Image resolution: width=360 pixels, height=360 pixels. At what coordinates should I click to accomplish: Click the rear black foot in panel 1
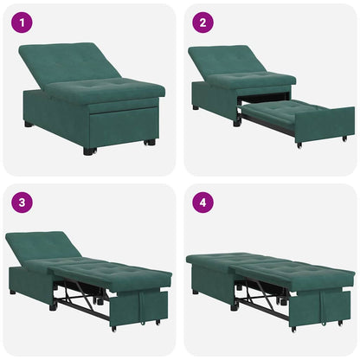coord(29,124)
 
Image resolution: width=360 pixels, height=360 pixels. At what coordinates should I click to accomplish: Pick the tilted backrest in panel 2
coord(228,60)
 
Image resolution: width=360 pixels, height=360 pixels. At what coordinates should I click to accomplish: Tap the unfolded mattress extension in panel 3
coord(121,275)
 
